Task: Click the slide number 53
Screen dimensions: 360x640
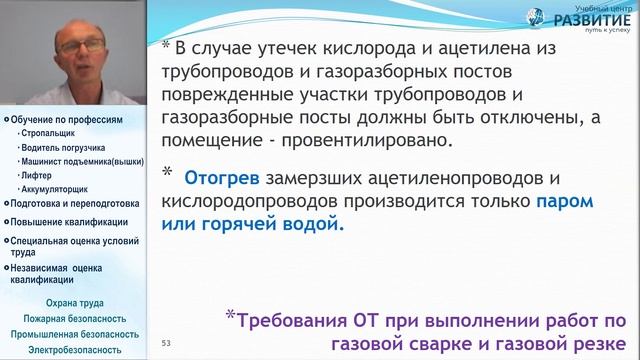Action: (167, 343)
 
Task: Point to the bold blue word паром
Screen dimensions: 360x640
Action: (564, 201)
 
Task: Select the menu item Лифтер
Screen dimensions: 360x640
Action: (34, 174)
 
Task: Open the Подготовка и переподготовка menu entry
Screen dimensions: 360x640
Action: (74, 204)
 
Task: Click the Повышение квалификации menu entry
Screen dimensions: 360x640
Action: (69, 222)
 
